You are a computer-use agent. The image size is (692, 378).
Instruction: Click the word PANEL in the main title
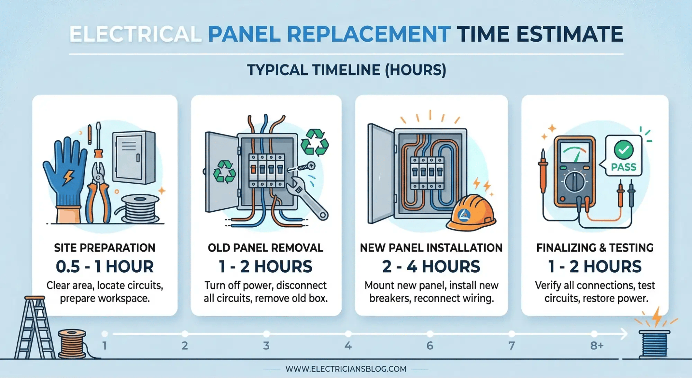click(x=244, y=34)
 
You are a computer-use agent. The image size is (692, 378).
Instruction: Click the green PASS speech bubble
click(x=623, y=156)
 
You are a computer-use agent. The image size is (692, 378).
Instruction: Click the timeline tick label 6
click(x=430, y=345)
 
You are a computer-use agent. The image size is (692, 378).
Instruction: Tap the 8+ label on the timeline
click(x=597, y=345)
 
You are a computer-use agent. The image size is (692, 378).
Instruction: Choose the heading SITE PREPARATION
click(x=105, y=248)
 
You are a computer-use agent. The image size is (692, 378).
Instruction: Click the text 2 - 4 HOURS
click(x=431, y=266)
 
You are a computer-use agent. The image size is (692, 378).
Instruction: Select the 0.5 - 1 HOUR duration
click(x=105, y=266)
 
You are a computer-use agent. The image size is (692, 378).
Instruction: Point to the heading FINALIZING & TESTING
click(x=595, y=248)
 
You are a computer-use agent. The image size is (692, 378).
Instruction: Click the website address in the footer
click(x=346, y=369)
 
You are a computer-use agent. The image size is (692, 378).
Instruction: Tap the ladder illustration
click(x=35, y=327)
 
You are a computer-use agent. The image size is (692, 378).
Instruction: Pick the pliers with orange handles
click(x=98, y=194)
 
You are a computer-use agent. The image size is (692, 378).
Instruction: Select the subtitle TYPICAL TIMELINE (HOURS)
click(x=346, y=70)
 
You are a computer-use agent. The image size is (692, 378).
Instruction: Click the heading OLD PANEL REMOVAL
click(x=266, y=248)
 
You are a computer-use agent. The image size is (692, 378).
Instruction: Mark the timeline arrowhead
click(x=624, y=334)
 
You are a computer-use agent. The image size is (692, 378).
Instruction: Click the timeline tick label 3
click(x=266, y=345)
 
